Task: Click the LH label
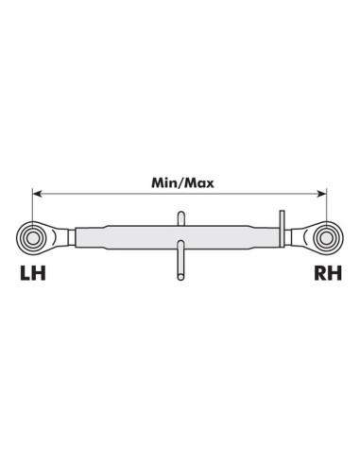[33, 273]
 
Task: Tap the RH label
[328, 273]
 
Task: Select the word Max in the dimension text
[199, 182]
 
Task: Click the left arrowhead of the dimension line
[37, 194]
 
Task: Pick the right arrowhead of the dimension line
[322, 194]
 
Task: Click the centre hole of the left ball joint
[32, 238]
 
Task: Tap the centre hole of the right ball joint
[327, 238]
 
